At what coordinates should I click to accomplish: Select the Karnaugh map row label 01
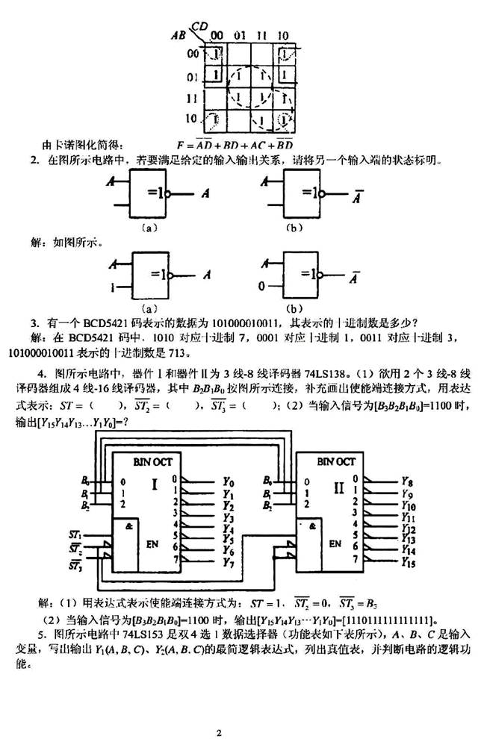coord(193,76)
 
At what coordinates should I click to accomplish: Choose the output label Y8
coord(408,482)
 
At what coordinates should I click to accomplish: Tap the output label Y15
coord(409,560)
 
